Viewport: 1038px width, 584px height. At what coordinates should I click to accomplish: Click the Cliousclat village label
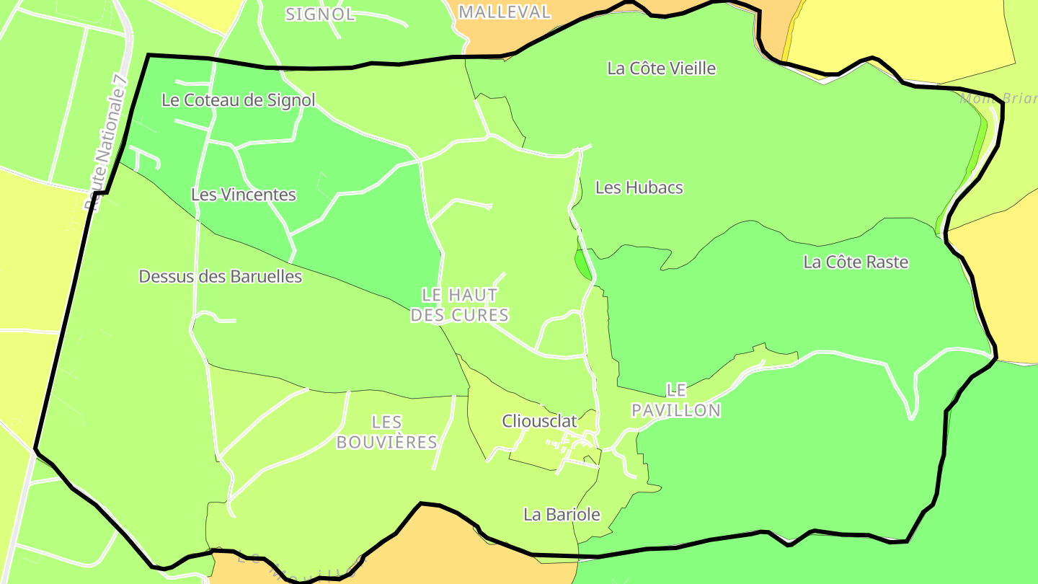540,421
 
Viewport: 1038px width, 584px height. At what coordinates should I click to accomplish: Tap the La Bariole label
562,515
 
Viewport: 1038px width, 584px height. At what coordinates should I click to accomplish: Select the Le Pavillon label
675,400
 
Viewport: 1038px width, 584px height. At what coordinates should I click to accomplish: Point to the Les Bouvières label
387,432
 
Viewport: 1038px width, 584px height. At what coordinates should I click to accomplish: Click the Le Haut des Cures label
459,305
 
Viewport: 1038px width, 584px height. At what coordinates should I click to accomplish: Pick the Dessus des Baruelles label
220,276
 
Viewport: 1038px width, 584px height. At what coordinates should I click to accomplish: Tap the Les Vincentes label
244,195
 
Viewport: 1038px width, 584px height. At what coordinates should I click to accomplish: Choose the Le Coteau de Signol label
239,100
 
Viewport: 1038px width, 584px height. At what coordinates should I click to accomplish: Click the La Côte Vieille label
662,68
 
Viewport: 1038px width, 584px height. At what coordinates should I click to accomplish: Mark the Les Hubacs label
639,187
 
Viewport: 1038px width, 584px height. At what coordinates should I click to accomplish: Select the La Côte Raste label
856,262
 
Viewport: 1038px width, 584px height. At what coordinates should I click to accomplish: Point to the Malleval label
505,12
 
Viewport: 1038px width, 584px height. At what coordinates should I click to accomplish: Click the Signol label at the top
320,14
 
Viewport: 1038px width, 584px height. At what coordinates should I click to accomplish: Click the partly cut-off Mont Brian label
998,98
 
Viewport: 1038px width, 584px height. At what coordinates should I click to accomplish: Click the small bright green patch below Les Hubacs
582,264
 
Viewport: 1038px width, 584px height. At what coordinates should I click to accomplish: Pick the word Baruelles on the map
265,276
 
